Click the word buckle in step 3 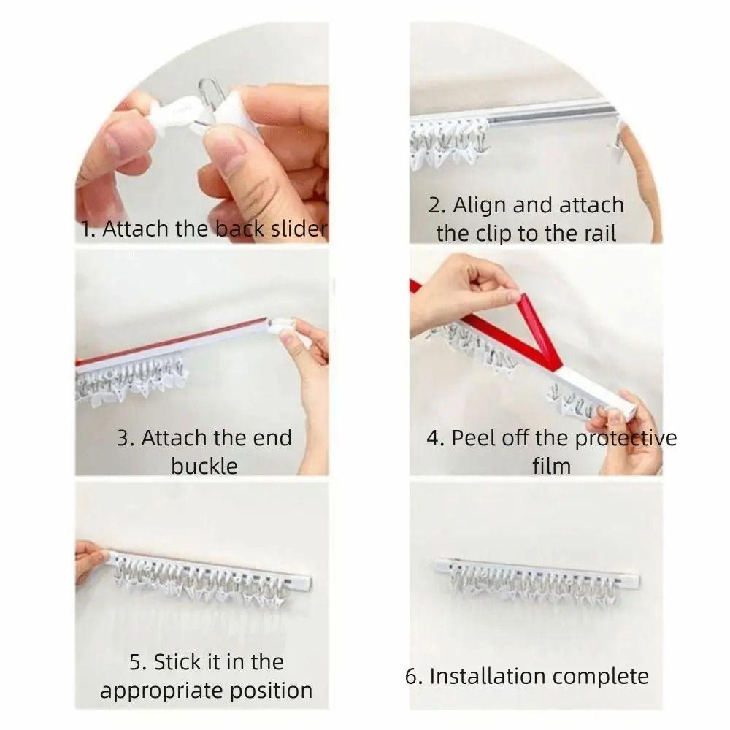click(x=204, y=465)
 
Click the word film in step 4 click(x=551, y=465)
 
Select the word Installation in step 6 click(x=485, y=676)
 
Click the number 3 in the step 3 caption click(x=124, y=438)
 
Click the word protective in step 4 click(x=625, y=438)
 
